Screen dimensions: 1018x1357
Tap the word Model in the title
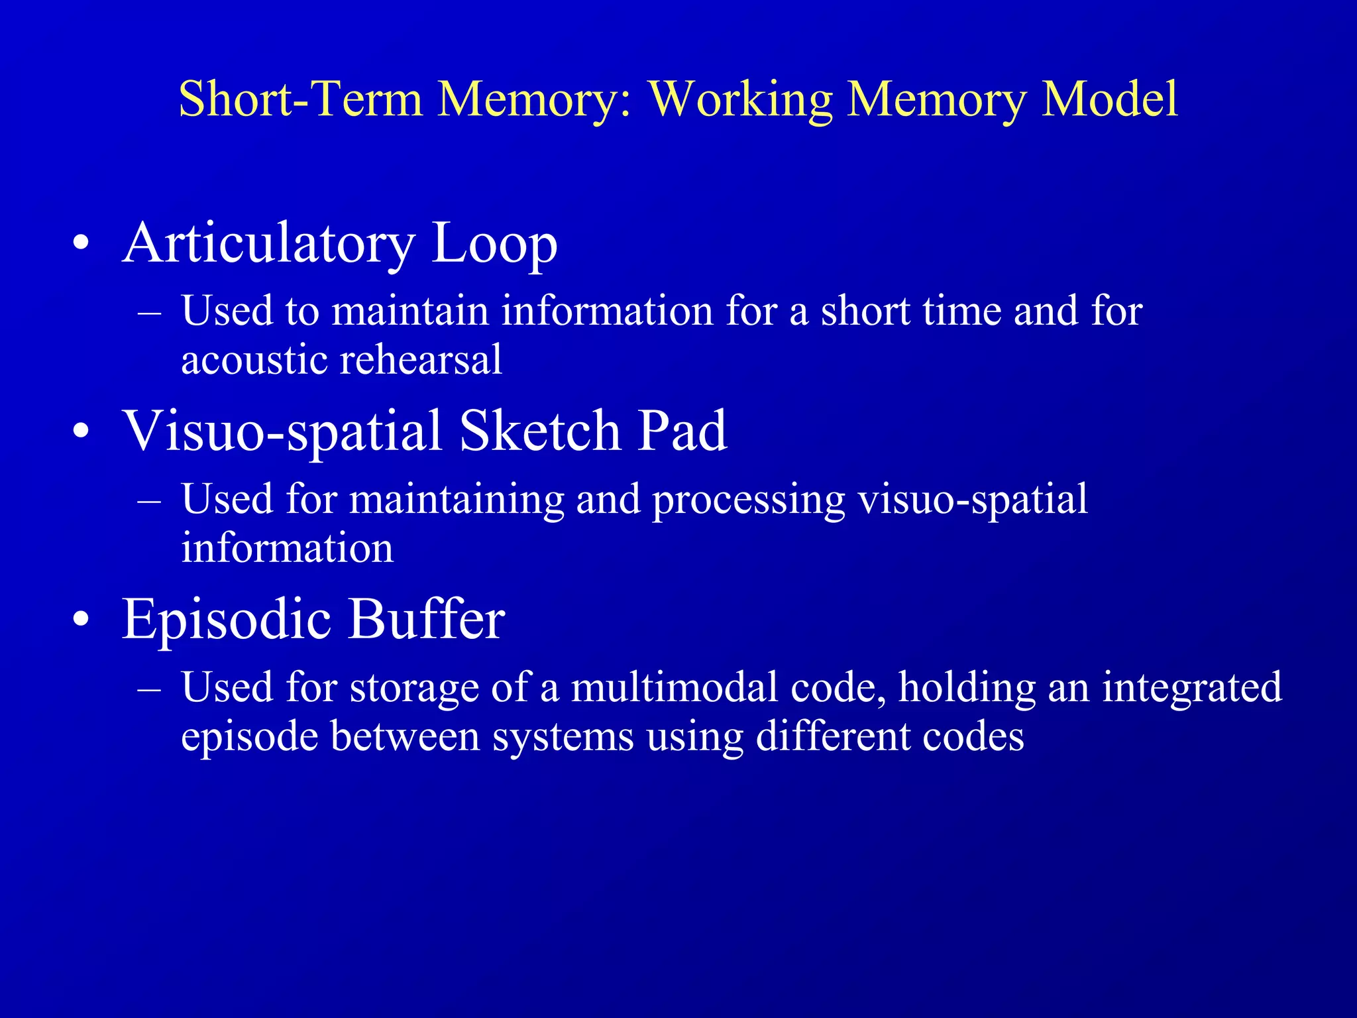click(1110, 99)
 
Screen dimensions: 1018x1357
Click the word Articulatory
click(268, 244)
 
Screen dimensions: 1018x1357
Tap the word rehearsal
click(421, 360)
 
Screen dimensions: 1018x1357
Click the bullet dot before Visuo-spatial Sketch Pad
click(81, 433)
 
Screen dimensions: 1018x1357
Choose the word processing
click(749, 500)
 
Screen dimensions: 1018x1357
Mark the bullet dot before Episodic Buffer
click(81, 620)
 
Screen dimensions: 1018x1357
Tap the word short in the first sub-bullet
click(865, 311)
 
